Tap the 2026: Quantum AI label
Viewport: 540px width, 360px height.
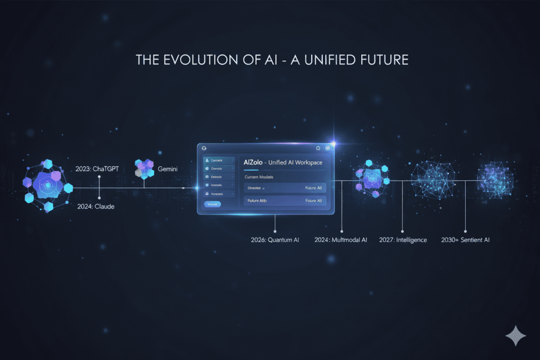(275, 240)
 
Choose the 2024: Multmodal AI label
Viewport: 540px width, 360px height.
(342, 240)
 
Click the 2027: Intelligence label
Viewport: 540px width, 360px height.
(403, 240)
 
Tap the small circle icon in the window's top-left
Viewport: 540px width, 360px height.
(203, 149)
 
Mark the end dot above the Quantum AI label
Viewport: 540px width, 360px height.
(275, 230)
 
